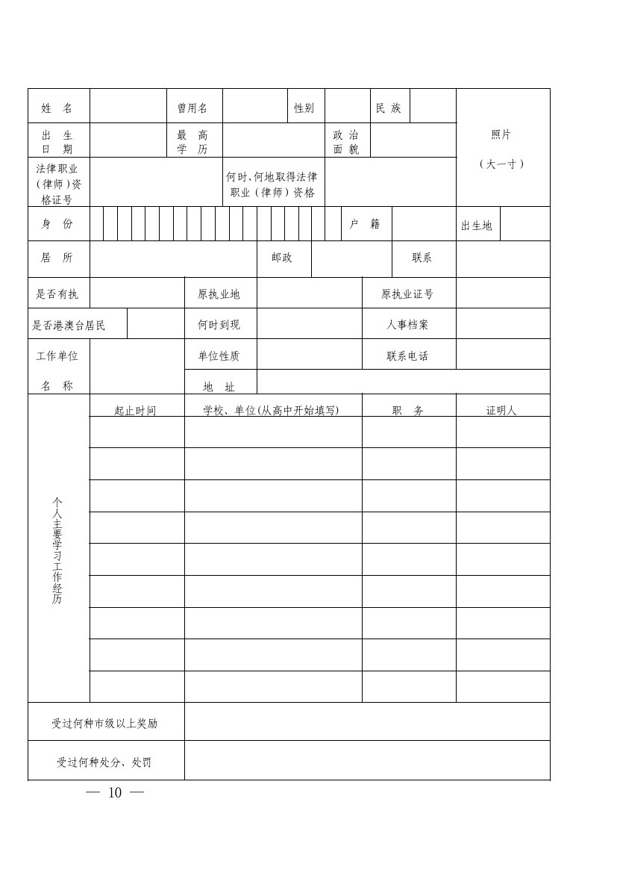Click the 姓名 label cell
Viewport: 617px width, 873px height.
tap(57, 108)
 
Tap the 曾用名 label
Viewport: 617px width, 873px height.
tap(192, 108)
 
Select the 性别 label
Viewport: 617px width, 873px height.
tap(304, 108)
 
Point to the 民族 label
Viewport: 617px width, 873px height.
tap(389, 108)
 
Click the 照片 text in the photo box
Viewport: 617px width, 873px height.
tap(501, 135)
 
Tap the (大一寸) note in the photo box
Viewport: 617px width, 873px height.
tap(501, 164)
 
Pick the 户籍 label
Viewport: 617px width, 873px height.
tap(365, 224)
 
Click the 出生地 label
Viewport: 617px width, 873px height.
tap(477, 226)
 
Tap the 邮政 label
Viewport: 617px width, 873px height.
tap(282, 258)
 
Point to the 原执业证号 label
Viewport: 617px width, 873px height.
tap(407, 294)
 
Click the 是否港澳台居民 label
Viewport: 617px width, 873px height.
tap(69, 326)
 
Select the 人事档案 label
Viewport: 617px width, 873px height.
tap(407, 325)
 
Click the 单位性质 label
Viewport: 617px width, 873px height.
tap(219, 356)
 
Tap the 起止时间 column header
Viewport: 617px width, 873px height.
tap(135, 410)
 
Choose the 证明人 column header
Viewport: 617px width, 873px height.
tap(501, 410)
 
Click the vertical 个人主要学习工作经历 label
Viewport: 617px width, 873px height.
tap(57, 551)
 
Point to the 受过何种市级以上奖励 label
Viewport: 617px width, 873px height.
tap(104, 723)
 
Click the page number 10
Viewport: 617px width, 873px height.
tap(115, 793)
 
